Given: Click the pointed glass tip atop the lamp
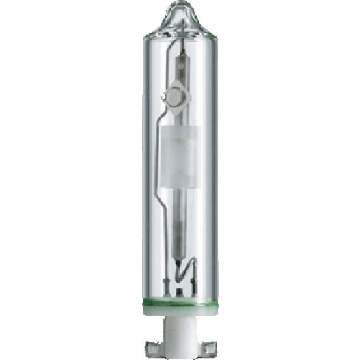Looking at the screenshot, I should (180, 8).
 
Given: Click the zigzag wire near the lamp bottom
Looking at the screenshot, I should (186, 268).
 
